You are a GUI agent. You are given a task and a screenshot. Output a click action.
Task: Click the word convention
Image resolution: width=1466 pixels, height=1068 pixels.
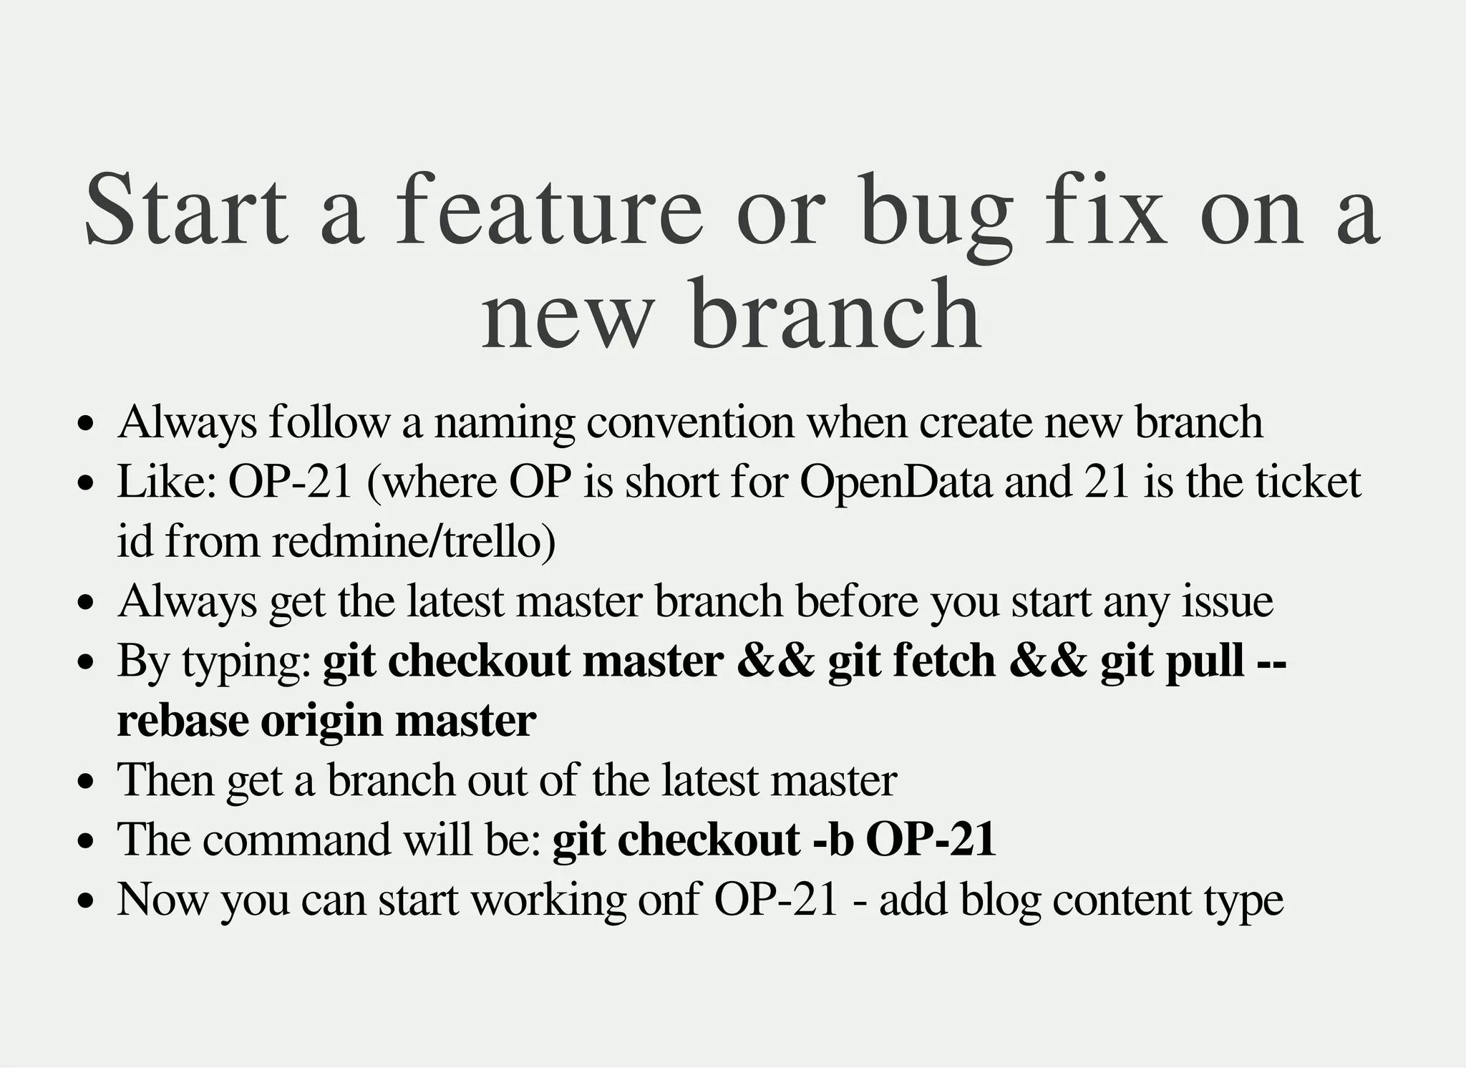pyautogui.click(x=690, y=422)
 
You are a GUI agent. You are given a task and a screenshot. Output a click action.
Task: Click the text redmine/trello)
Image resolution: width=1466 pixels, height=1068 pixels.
pyautogui.click(x=414, y=541)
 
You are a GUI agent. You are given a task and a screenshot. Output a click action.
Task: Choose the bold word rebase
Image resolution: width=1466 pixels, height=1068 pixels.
pyautogui.click(x=183, y=720)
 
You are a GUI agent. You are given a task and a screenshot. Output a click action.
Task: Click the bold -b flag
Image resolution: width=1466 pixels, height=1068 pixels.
pyautogui.click(x=834, y=839)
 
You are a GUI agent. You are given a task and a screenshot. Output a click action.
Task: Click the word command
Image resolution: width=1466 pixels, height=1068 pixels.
pyautogui.click(x=297, y=839)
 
